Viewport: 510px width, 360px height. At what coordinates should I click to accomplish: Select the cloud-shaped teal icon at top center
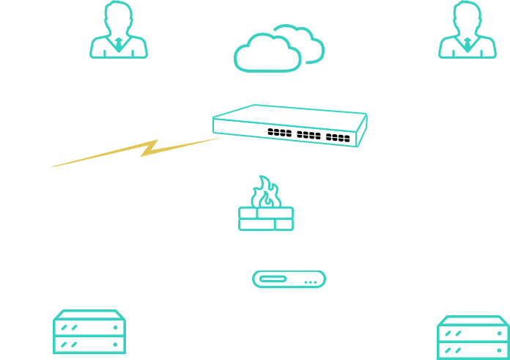279,49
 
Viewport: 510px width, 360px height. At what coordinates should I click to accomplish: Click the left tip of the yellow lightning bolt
51,166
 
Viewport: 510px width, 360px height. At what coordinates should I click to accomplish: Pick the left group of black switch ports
279,133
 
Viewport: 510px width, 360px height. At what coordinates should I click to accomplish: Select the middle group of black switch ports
308,135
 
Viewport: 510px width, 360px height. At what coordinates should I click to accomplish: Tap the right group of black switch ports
338,137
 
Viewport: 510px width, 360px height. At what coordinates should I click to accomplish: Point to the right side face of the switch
362,130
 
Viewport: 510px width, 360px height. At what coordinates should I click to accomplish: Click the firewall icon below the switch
266,203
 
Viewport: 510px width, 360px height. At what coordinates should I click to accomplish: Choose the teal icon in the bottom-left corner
88,334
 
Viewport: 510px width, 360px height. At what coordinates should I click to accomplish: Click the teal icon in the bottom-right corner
473,337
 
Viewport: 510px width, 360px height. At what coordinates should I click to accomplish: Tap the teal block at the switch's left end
215,117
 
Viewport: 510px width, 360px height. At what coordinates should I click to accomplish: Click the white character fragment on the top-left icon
137,25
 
